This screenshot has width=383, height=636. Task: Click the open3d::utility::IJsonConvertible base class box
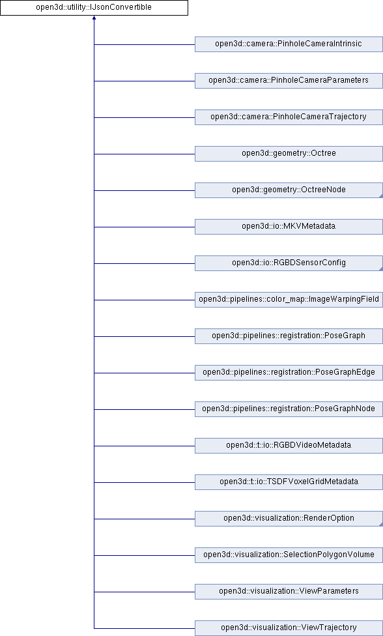pyautogui.click(x=94, y=8)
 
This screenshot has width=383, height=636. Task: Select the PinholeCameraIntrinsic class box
pyautogui.click(x=289, y=44)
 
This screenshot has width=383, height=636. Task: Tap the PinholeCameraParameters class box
pyautogui.click(x=289, y=81)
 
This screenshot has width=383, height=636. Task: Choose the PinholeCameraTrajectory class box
pyautogui.click(x=289, y=117)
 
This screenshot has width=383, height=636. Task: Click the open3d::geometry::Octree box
pyautogui.click(x=289, y=154)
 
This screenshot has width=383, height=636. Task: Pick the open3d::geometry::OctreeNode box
pyautogui.click(x=289, y=190)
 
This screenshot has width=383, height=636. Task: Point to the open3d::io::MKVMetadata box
pyautogui.click(x=289, y=227)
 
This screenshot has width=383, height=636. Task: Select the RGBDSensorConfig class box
pyautogui.click(x=289, y=263)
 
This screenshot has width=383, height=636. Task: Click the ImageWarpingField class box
pyautogui.click(x=289, y=300)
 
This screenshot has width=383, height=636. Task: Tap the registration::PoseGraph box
pyautogui.click(x=289, y=336)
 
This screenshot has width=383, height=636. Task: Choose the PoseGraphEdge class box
pyautogui.click(x=289, y=373)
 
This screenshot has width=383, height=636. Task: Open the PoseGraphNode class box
pyautogui.click(x=289, y=409)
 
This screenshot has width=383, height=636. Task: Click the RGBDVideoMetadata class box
pyautogui.click(x=289, y=446)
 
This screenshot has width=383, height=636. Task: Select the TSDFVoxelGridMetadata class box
pyautogui.click(x=289, y=482)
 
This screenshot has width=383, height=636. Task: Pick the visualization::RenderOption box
pyautogui.click(x=289, y=519)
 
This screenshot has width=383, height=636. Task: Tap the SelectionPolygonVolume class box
pyautogui.click(x=289, y=555)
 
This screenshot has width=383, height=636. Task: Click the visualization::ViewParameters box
pyautogui.click(x=289, y=592)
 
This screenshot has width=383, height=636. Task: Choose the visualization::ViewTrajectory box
pyautogui.click(x=289, y=628)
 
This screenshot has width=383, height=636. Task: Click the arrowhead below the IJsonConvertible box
pyautogui.click(x=94, y=18)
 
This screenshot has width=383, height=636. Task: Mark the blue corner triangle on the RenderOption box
pyautogui.click(x=381, y=525)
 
